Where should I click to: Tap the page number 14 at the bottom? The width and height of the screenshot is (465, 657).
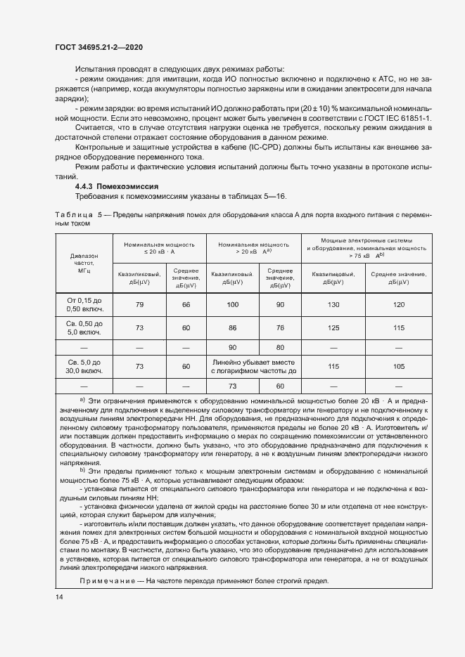pos(58,597)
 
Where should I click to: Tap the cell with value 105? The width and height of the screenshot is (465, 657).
pos(399,366)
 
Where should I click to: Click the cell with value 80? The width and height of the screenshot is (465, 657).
pos(280,347)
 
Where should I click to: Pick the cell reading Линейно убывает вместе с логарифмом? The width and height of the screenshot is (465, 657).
pos(256,366)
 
